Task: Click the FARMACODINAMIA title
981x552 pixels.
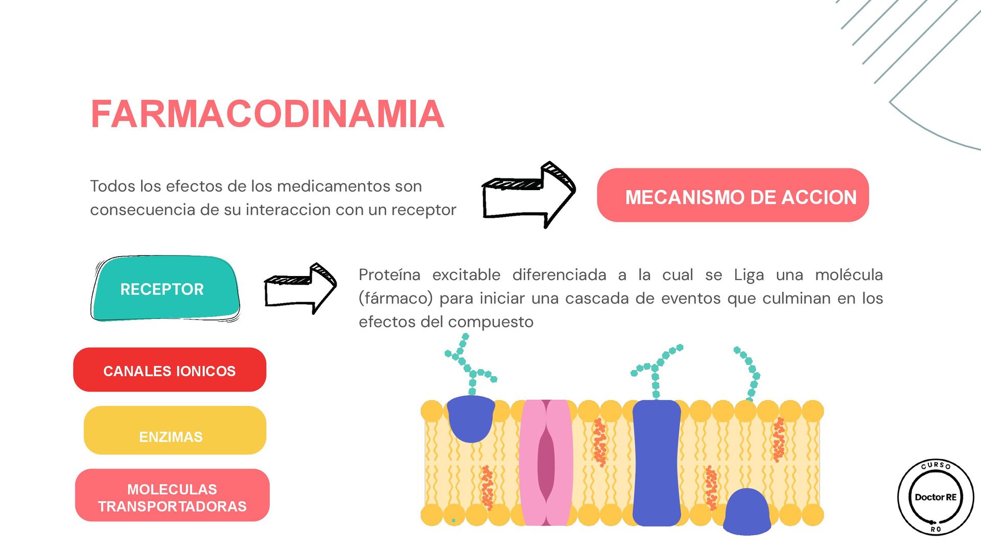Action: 267,113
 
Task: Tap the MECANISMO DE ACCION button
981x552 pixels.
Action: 733,196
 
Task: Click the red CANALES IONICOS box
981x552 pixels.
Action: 170,370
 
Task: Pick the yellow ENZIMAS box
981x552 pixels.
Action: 175,430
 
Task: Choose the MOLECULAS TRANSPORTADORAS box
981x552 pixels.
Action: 172,496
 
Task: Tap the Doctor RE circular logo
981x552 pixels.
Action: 936,497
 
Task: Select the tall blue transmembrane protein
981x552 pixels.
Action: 657,463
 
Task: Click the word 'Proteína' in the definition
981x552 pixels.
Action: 389,275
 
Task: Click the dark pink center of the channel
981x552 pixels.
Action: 546,463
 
